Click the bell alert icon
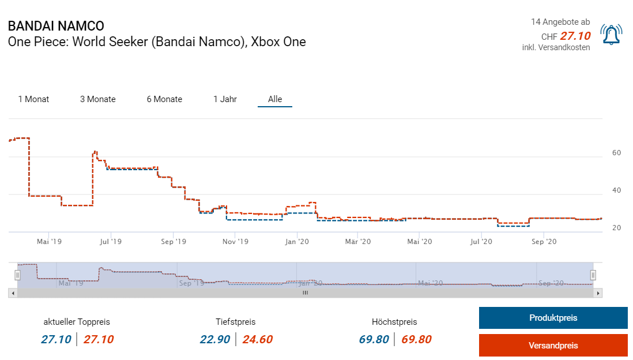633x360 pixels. tap(611, 35)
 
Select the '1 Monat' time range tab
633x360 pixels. tap(33, 99)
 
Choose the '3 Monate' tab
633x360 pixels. tap(97, 99)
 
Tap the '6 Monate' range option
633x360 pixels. tap(164, 99)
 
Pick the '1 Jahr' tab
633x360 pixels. tap(225, 99)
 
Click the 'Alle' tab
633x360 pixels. tap(275, 99)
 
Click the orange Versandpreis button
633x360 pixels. tap(553, 346)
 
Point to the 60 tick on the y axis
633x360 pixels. tap(616, 153)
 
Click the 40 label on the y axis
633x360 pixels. tap(616, 190)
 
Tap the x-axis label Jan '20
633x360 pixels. tap(297, 241)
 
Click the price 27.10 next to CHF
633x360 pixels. tap(575, 36)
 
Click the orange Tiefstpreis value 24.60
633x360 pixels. tap(257, 339)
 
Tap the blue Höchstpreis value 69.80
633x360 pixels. tap(374, 339)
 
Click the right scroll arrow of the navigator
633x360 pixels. tap(598, 293)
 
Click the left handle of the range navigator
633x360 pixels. tap(18, 275)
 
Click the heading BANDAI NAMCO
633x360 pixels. tap(56, 27)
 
